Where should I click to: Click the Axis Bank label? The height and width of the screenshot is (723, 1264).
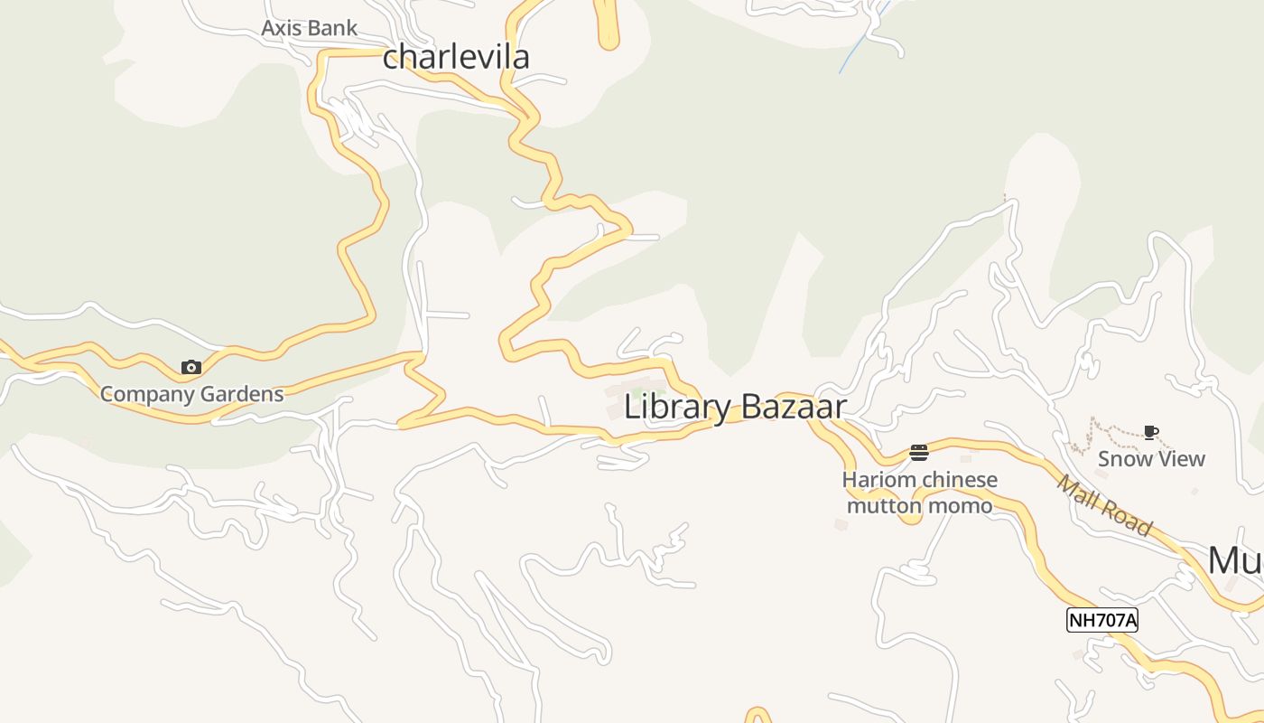(x=309, y=28)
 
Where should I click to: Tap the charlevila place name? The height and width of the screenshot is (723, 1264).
(x=456, y=57)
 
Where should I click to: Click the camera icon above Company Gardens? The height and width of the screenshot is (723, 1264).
(x=191, y=367)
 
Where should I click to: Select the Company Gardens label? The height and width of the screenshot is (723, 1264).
(x=191, y=394)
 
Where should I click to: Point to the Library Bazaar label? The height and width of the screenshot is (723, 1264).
(x=735, y=407)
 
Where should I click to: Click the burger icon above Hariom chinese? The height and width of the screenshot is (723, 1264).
(x=919, y=452)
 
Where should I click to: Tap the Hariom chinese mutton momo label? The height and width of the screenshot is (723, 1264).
(x=919, y=493)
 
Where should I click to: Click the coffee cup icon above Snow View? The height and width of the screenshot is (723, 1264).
(x=1150, y=432)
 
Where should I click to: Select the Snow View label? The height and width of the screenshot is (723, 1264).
(x=1151, y=459)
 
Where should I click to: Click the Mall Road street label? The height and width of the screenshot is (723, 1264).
(x=1104, y=505)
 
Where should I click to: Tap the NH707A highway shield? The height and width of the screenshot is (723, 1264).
(x=1101, y=620)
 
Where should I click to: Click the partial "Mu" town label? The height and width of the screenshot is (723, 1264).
(x=1235, y=560)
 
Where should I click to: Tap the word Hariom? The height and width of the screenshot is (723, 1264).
(x=874, y=480)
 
